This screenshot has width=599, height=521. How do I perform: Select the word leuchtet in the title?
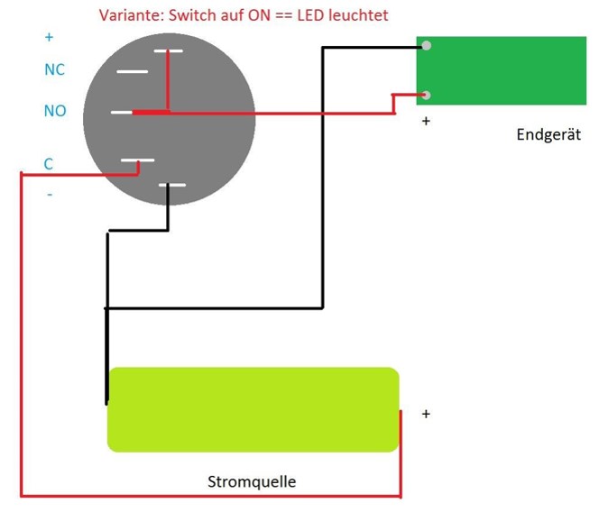point(358,15)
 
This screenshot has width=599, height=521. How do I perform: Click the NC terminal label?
point(55,69)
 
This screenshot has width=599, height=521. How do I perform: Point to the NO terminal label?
point(55,111)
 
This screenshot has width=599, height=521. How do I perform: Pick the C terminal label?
point(48,164)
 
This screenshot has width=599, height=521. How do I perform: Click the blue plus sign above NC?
point(49,37)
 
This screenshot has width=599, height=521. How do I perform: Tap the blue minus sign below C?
point(50,195)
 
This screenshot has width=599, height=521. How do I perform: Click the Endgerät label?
point(548,134)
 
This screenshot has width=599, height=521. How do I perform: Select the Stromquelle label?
point(252,481)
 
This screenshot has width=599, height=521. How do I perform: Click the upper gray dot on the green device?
point(427,46)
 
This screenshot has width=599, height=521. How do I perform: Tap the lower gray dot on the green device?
point(427,95)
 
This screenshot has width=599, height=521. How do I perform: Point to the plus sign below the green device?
point(426,121)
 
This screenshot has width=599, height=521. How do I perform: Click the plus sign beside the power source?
point(426,414)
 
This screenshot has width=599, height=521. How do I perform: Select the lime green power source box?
point(253,409)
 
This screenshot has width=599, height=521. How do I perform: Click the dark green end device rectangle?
point(502,70)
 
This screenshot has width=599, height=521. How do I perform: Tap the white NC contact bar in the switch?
point(133,71)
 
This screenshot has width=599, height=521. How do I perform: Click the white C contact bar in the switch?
point(137,160)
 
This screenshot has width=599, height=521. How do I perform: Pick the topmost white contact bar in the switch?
point(168,50)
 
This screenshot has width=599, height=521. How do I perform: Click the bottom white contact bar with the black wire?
point(172,185)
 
